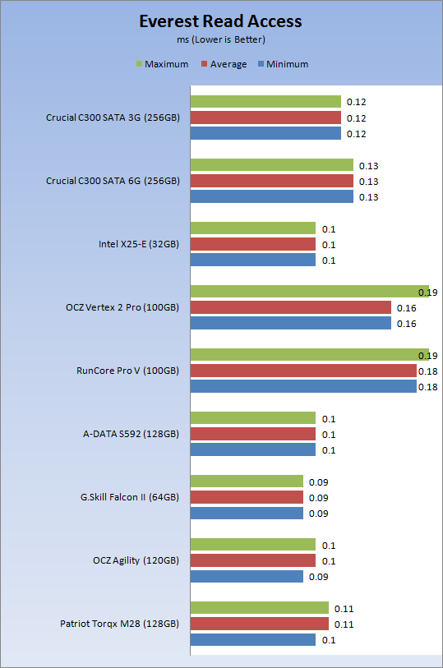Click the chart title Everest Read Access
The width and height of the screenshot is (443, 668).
(220, 21)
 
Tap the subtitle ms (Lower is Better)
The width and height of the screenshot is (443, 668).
(221, 39)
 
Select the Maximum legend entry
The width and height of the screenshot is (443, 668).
(162, 64)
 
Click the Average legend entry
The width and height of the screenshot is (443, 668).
(224, 64)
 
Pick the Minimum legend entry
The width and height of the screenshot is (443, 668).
(284, 64)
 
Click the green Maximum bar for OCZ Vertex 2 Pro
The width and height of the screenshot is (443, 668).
(310, 292)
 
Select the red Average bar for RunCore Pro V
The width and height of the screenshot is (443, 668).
(303, 371)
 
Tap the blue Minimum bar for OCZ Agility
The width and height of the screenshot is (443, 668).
(247, 577)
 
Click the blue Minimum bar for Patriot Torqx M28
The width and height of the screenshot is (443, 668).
(253, 639)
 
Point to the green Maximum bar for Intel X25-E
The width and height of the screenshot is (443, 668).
(253, 228)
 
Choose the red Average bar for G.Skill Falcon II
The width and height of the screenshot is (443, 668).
(247, 497)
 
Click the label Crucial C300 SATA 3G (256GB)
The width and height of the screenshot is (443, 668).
(113, 117)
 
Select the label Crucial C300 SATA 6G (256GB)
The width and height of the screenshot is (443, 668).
(113, 181)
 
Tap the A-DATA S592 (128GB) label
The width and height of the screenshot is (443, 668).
(131, 434)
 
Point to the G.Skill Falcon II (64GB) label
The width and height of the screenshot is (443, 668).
(130, 497)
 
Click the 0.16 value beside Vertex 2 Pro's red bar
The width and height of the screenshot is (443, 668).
(406, 308)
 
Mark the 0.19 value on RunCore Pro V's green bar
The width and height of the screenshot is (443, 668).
(427, 356)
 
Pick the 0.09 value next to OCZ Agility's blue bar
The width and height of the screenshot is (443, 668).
(319, 577)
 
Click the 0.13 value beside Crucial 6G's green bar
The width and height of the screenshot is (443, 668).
(368, 166)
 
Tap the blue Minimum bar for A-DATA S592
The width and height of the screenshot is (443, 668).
(253, 449)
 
